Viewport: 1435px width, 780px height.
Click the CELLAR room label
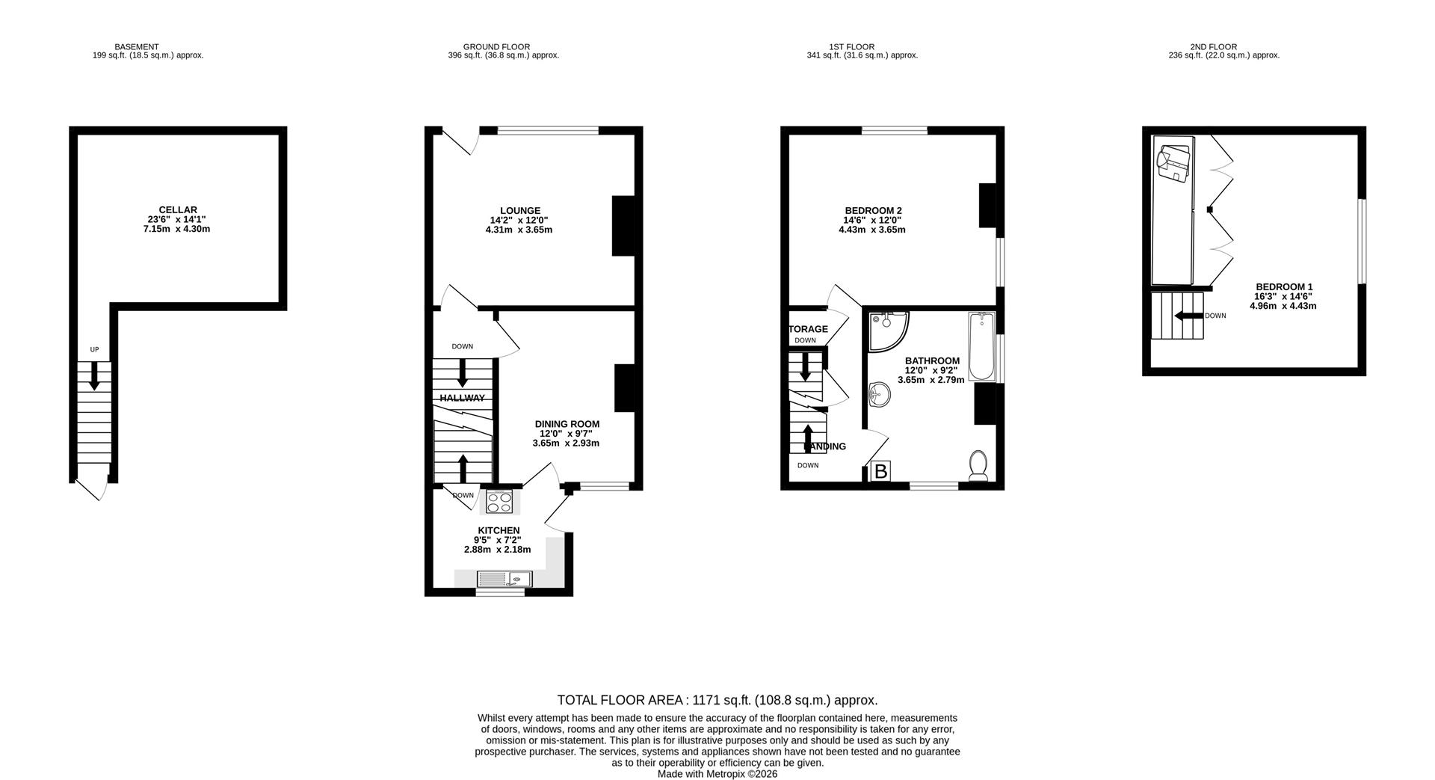coord(178,210)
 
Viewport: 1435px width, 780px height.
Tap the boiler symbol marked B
coord(881,471)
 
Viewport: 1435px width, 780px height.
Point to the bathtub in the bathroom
coord(981,346)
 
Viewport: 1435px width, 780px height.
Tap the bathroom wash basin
coord(879,394)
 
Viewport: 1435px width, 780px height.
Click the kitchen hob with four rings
coord(499,502)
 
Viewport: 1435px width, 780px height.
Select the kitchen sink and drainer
coord(504,579)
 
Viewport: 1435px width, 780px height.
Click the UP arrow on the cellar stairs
coord(94,375)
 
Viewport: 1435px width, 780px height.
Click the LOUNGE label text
coord(520,211)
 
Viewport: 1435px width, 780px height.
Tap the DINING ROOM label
coord(567,424)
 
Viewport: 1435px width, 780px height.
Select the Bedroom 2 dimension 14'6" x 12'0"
coord(872,221)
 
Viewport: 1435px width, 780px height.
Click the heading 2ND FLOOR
coord(1213,46)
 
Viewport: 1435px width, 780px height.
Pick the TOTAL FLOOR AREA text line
coord(717,700)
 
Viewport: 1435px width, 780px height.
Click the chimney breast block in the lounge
coord(623,227)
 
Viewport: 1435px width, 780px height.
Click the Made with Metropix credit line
coord(717,774)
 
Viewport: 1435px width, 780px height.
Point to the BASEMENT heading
coord(136,46)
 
